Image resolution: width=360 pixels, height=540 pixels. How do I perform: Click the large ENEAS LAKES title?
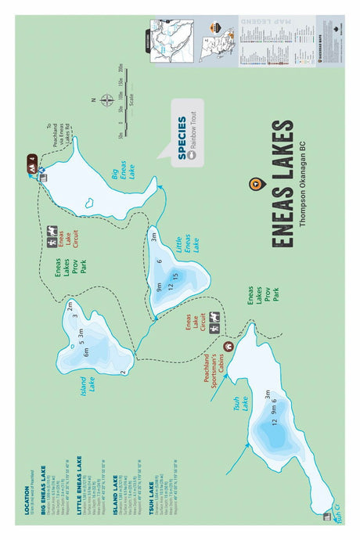283,184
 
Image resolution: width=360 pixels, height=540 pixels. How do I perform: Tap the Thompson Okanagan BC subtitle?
302,184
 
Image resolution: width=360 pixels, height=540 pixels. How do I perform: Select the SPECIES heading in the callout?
182,138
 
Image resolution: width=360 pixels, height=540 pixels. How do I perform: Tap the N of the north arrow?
92,100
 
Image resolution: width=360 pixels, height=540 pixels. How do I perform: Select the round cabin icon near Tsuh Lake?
228,345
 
